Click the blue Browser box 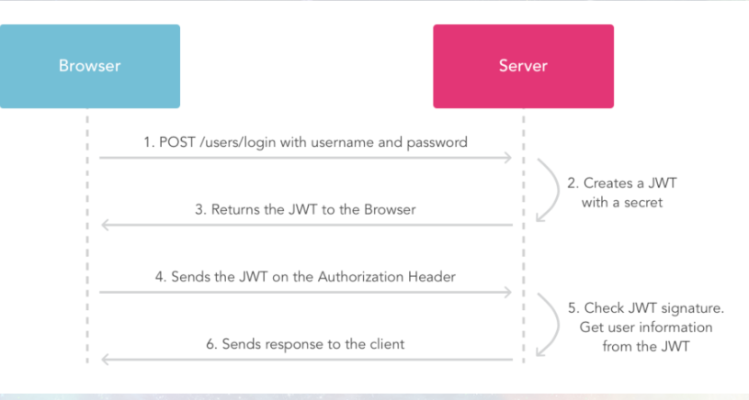(90, 66)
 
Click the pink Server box (523, 66)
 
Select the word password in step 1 (437, 142)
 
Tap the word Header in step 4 (432, 277)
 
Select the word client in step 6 (388, 344)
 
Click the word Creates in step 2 (606, 183)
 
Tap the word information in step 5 (674, 328)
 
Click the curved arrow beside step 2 (558, 190)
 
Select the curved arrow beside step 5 (558, 324)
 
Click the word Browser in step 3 (390, 210)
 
